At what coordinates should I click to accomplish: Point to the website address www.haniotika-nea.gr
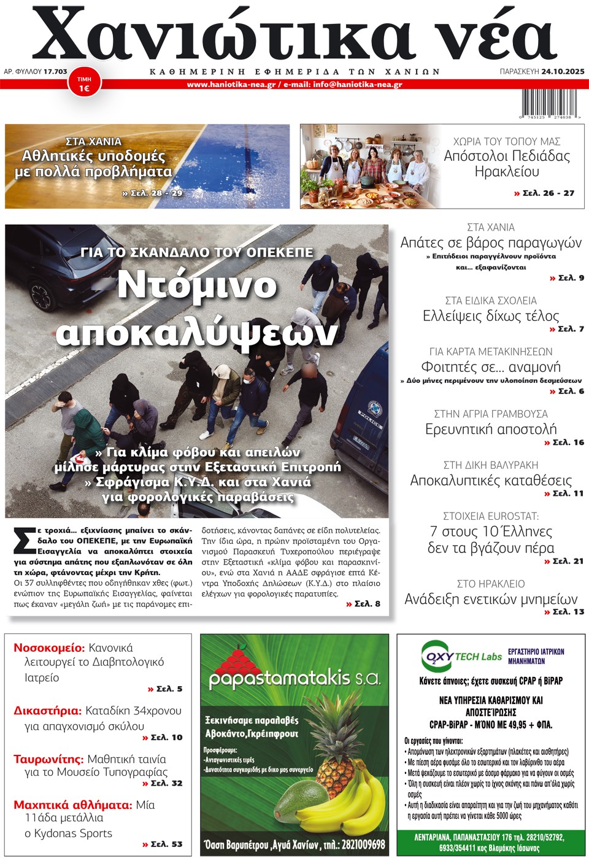pyautogui.click(x=231, y=85)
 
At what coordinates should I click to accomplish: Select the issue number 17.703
pyautogui.click(x=55, y=72)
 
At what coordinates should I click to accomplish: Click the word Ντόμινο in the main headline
pyautogui.click(x=197, y=285)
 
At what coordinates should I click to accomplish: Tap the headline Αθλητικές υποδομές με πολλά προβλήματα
pyautogui.click(x=93, y=164)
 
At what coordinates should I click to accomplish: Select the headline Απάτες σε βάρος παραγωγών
pyautogui.click(x=491, y=242)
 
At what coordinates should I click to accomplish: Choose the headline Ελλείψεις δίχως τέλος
pyautogui.click(x=491, y=316)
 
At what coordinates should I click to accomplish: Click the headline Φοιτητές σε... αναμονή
pyautogui.click(x=491, y=367)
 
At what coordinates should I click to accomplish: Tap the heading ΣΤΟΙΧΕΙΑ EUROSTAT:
pyautogui.click(x=491, y=516)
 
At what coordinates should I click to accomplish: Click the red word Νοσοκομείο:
pyautogui.click(x=49, y=647)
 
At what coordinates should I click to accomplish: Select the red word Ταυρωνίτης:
pyautogui.click(x=48, y=759)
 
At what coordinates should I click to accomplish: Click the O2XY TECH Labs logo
pyautogui.click(x=461, y=657)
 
